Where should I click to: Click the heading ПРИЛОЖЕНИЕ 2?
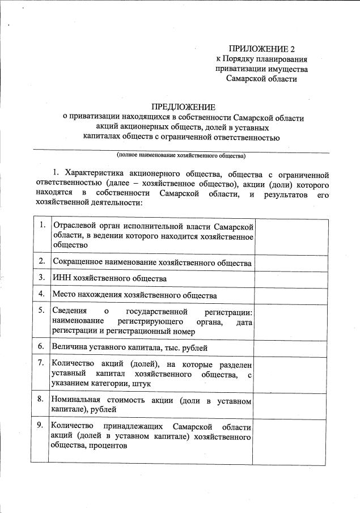pyautogui.click(x=261, y=49)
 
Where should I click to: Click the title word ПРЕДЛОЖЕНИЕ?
pyautogui.click(x=183, y=107)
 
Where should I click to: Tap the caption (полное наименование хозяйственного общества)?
pyautogui.click(x=181, y=155)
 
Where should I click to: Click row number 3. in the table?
pyautogui.click(x=42, y=278)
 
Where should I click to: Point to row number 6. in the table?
pyautogui.click(x=42, y=345)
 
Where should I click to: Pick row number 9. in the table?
pyautogui.click(x=42, y=425)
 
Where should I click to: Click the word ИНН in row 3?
pyautogui.click(x=60, y=278)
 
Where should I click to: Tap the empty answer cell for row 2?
pyautogui.click(x=289, y=262)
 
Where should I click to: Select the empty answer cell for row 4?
pyautogui.click(x=289, y=295)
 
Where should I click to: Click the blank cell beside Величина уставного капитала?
pyautogui.click(x=289, y=346)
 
